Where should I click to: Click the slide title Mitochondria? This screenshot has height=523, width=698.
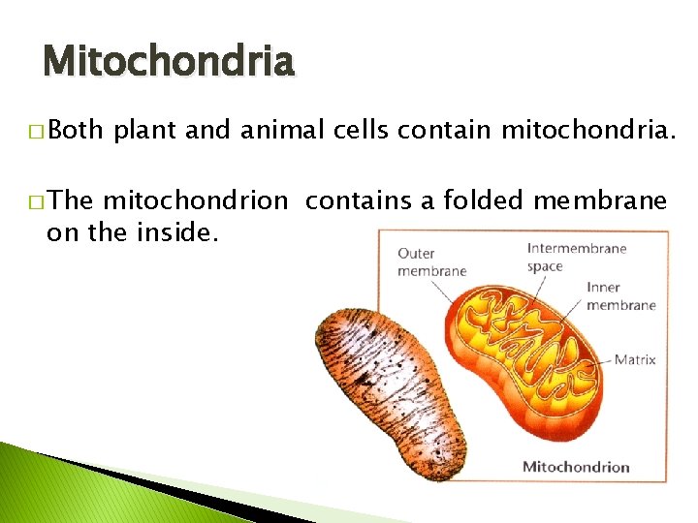point(168,61)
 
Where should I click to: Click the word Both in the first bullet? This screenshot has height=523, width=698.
point(78,132)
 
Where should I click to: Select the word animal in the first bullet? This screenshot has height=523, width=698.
point(272,132)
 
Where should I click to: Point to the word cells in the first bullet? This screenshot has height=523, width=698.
point(357,132)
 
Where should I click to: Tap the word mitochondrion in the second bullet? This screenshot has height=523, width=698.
point(195,200)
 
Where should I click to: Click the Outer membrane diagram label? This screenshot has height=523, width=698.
point(431,262)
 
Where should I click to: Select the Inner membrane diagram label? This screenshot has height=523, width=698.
point(620,296)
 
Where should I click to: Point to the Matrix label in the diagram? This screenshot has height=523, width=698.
point(635,359)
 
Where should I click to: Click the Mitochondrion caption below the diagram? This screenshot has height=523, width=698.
point(576,467)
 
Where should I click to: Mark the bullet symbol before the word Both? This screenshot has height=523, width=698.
point(36,133)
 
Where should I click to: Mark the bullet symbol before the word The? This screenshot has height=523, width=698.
point(36,201)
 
